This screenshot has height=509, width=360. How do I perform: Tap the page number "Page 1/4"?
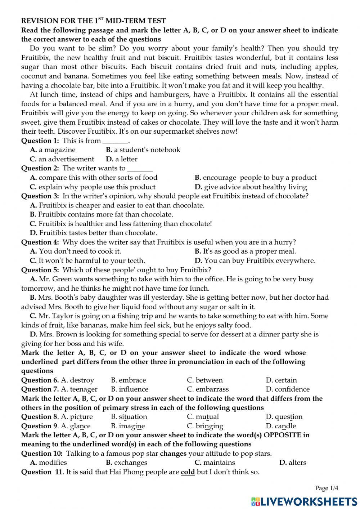pyautogui.click(x=327, y=488)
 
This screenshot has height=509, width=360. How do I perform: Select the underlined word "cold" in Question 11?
pyautogui.click(x=188, y=472)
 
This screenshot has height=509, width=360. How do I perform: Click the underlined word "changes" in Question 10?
pyautogui.click(x=173, y=454)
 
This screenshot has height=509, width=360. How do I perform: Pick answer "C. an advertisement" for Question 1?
pyautogui.click(x=62, y=159)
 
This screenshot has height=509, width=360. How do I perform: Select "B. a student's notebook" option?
pyautogui.click(x=143, y=150)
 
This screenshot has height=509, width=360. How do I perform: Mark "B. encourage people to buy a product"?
pyautogui.click(x=256, y=178)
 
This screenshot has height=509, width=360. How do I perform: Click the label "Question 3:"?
pyautogui.click(x=40, y=196)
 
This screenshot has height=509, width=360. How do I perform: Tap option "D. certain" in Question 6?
pyautogui.click(x=281, y=380)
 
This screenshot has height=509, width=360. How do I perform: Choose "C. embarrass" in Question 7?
pyautogui.click(x=208, y=389)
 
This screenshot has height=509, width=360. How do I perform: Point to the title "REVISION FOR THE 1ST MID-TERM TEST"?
pyautogui.click(x=93, y=21)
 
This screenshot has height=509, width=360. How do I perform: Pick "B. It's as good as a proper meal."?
pyautogui.click(x=245, y=251)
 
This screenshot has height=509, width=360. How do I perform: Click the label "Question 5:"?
pyautogui.click(x=40, y=270)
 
